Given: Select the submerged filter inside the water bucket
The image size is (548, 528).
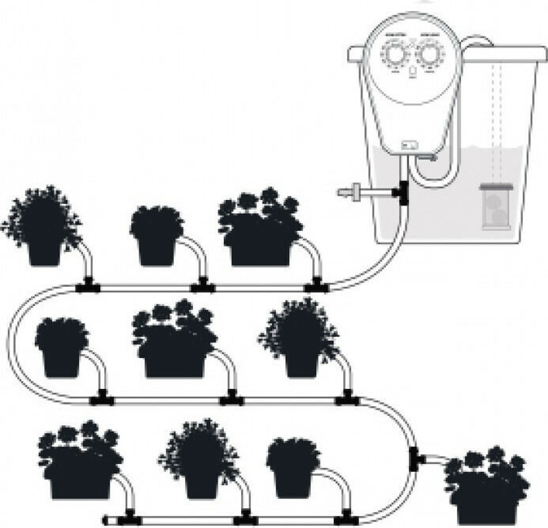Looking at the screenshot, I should [x=497, y=205].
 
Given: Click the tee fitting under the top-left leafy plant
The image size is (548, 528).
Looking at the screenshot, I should [x=87, y=286].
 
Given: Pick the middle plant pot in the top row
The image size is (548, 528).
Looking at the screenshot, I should [x=158, y=236].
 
